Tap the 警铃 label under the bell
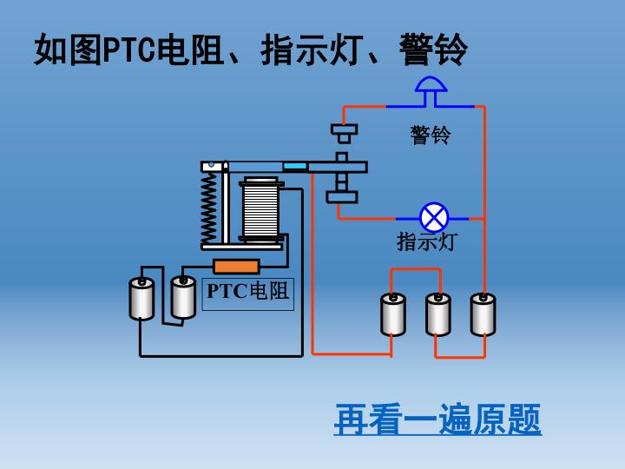(431, 135)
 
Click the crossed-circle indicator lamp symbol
(432, 217)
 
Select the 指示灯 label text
(426, 241)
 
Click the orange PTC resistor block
(236, 267)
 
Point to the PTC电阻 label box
(247, 292)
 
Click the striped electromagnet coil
(260, 211)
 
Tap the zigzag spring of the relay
(209, 208)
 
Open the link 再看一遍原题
(437, 420)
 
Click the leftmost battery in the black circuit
(141, 298)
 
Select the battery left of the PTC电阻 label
(183, 296)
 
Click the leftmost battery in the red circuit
(393, 314)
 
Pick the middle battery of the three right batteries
(438, 314)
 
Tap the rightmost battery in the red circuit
(484, 314)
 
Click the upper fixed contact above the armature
(344, 133)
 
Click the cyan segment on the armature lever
(295, 166)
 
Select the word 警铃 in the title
(433, 50)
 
